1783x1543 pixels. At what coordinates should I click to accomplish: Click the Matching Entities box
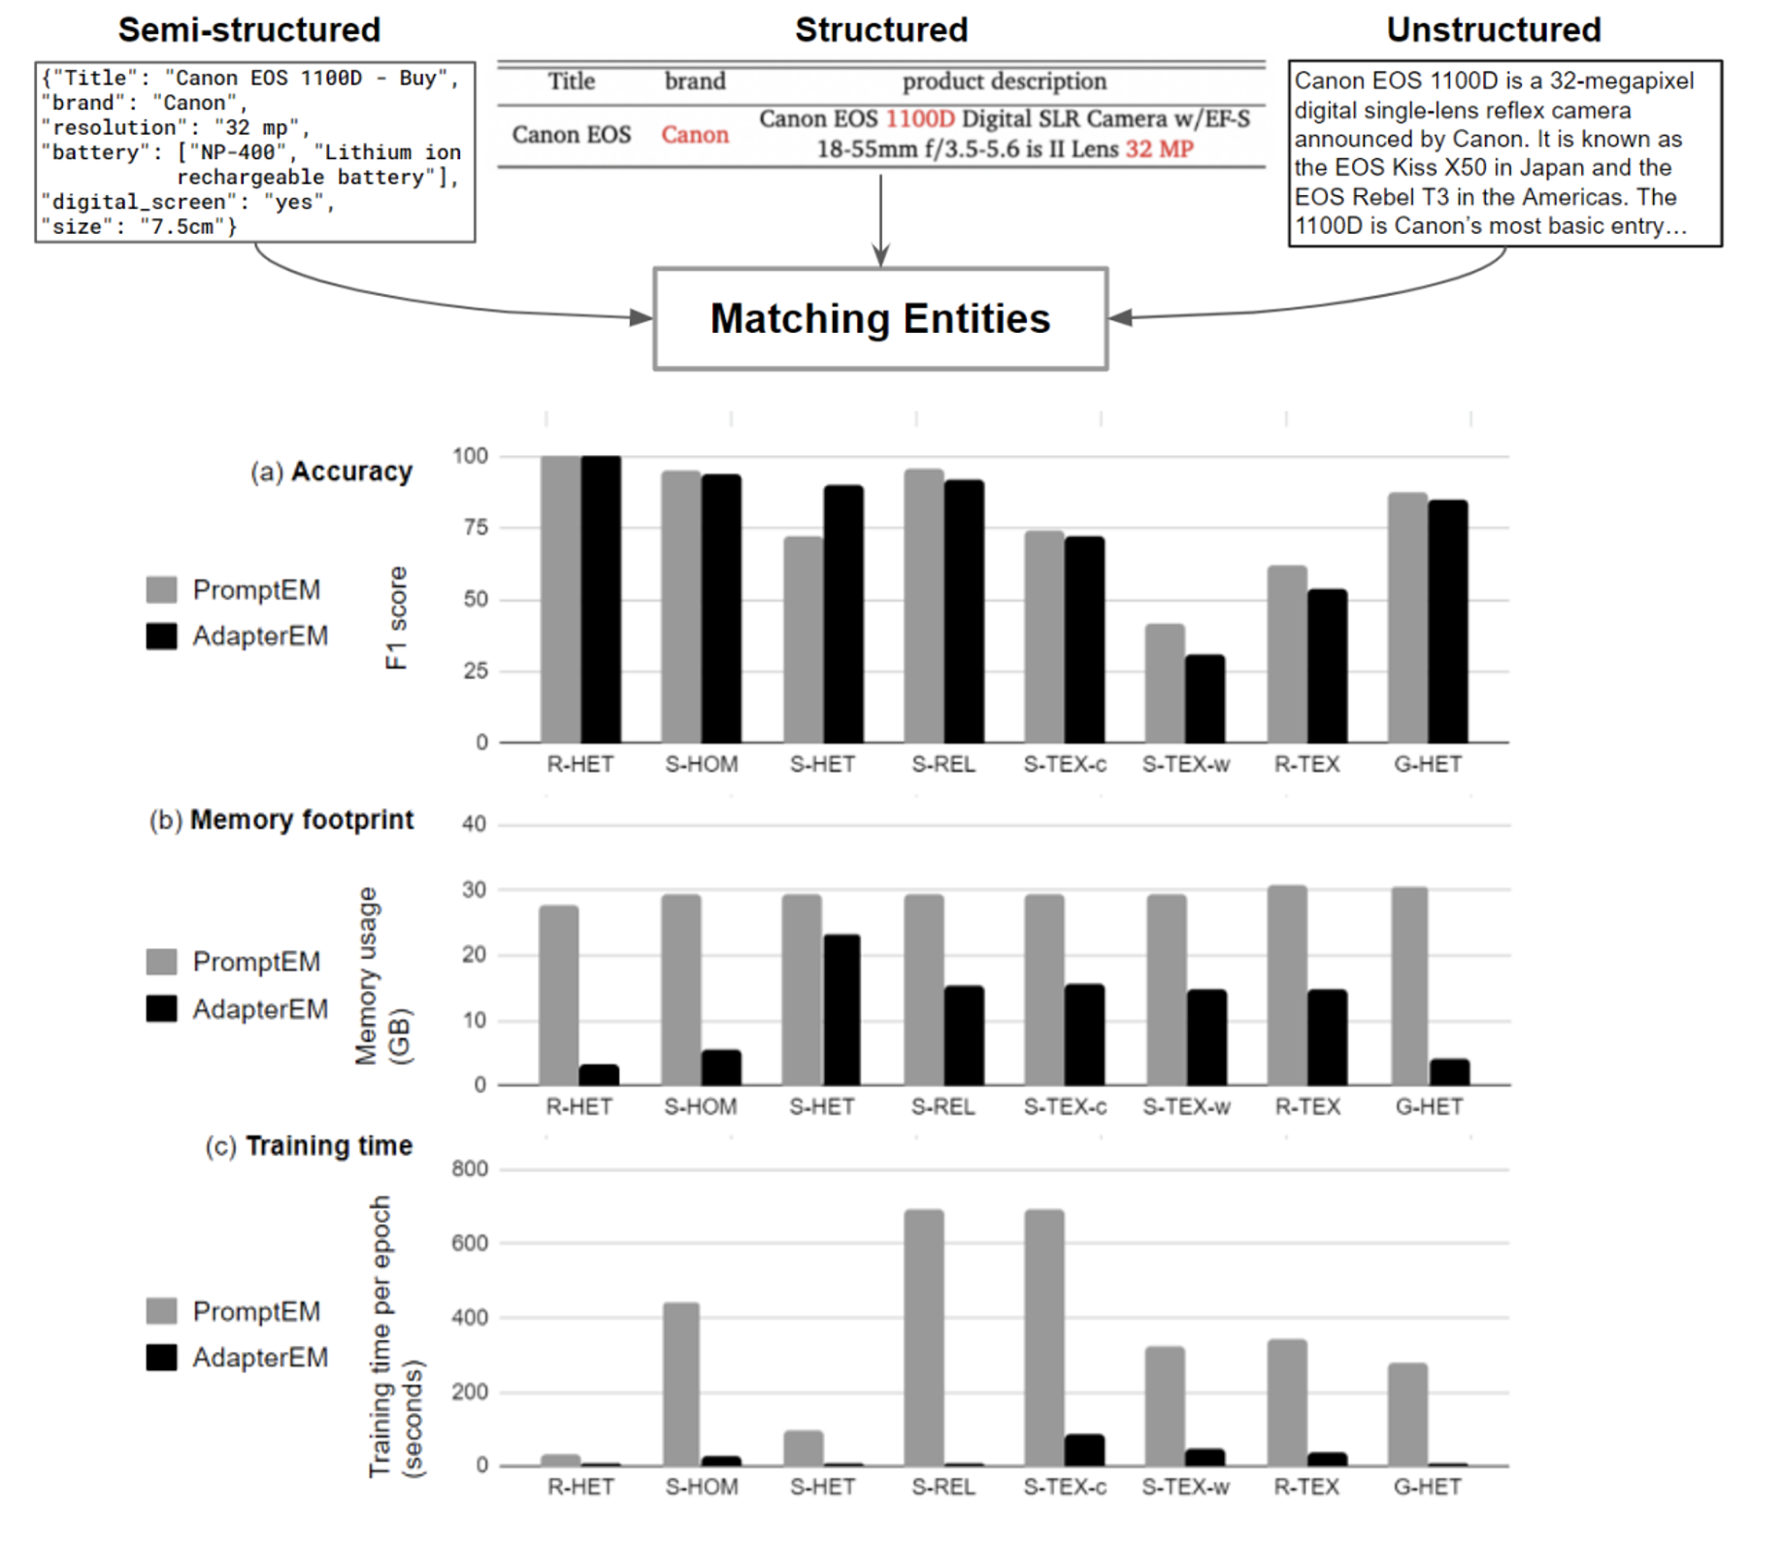(880, 318)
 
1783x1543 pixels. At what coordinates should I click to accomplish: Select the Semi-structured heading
(249, 30)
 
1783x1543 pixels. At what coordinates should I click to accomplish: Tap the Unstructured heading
(1493, 30)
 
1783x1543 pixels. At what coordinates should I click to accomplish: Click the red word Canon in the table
(695, 135)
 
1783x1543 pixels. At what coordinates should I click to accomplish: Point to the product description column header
(1004, 82)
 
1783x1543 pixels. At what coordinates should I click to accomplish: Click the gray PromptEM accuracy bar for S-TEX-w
(1165, 683)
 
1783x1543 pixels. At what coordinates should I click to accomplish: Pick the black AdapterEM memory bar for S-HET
(842, 1009)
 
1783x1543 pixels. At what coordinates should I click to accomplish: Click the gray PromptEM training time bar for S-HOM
(680, 1383)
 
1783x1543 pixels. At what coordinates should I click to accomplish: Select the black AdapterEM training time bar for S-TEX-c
(1084, 1449)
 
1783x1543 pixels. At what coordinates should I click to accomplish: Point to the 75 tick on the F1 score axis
(476, 528)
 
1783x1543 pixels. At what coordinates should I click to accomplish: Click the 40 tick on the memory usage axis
(474, 825)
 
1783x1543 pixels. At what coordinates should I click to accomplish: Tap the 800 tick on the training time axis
(470, 1169)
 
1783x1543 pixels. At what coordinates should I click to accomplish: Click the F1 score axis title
(396, 618)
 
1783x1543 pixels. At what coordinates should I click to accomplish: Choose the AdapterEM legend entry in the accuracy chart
(238, 637)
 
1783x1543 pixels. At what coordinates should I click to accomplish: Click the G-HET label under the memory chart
(1429, 1107)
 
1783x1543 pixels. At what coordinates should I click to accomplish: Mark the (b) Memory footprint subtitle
(281, 820)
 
